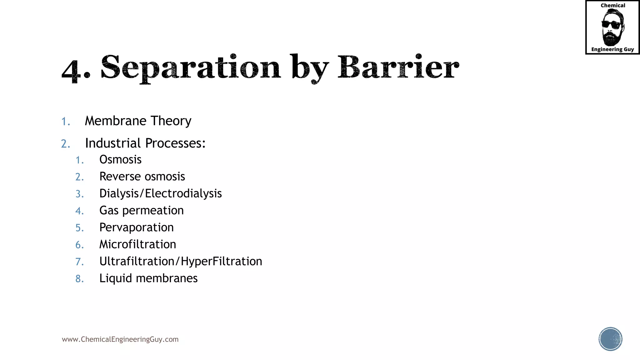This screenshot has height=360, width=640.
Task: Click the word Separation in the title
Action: point(191,67)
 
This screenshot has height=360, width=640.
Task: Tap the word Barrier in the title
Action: point(398,67)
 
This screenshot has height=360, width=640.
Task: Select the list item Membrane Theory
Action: point(138,121)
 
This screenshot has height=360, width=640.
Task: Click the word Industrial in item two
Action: point(113,143)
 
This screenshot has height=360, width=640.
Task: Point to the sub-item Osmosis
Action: point(120,160)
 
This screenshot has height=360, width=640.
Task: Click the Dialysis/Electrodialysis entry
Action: point(160,193)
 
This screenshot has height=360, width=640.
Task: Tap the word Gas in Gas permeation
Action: point(109,211)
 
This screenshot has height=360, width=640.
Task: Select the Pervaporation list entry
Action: point(136,227)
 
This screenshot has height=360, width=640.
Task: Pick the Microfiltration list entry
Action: point(137,244)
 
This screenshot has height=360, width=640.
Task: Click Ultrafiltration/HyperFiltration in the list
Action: point(181,261)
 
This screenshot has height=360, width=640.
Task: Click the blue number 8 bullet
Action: point(79,279)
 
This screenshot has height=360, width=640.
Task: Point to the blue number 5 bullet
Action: point(79,228)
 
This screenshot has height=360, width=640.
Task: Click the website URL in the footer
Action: point(120,339)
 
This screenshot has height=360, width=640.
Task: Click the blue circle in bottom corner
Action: point(610,339)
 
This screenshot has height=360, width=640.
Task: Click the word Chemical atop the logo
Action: point(612,6)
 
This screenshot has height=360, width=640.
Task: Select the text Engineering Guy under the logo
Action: point(612,49)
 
